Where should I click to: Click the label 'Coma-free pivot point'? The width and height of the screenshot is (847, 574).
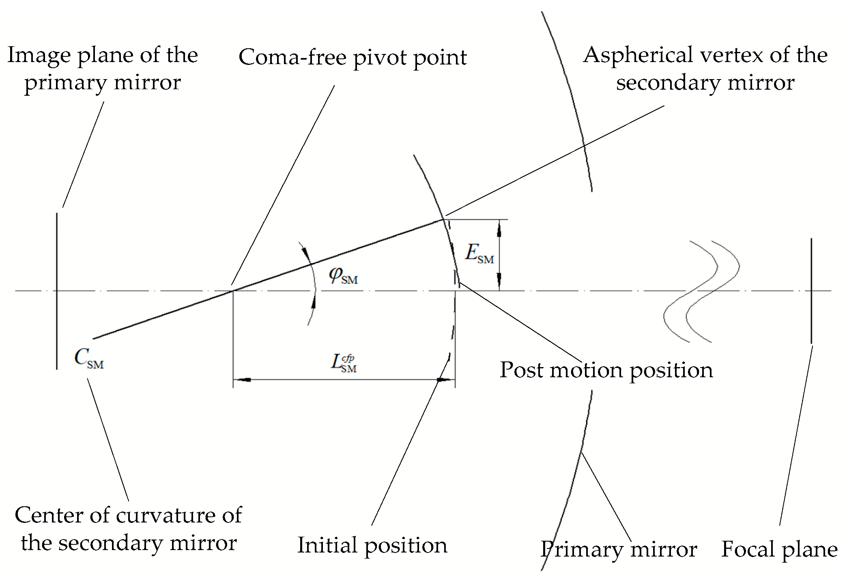click(x=352, y=58)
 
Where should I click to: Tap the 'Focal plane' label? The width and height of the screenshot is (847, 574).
click(x=779, y=550)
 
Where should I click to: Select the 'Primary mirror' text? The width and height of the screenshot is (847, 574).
click(x=619, y=550)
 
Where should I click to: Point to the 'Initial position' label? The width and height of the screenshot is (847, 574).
click(x=372, y=545)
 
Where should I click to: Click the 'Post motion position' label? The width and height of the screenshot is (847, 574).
click(x=606, y=370)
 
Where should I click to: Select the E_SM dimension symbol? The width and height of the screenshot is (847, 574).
click(x=479, y=254)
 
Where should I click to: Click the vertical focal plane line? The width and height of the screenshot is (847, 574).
click(x=811, y=290)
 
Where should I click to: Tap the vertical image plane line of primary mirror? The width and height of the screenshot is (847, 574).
click(x=57, y=290)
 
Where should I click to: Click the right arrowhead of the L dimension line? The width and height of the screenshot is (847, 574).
click(x=445, y=380)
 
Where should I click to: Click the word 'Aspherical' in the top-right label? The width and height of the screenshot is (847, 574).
click(x=637, y=55)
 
